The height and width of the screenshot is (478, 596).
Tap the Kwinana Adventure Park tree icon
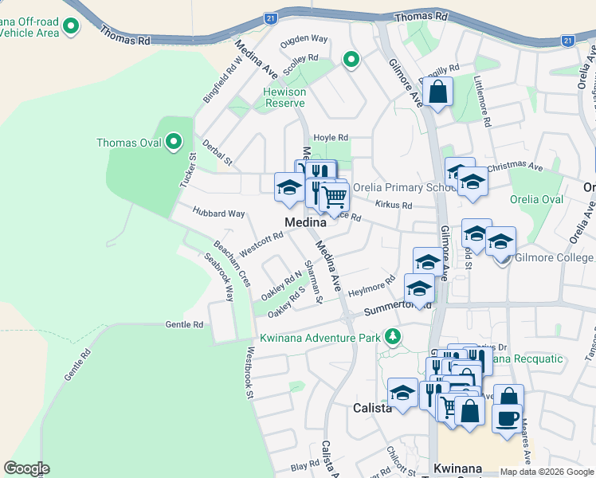[x=391, y=338]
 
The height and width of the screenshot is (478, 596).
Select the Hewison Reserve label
[x=284, y=97]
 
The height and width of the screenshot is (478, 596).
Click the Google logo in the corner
[x=26, y=468]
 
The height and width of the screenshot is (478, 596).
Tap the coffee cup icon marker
[x=508, y=417]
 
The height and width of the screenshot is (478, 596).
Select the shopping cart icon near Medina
[x=335, y=197]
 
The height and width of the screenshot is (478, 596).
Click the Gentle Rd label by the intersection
[x=184, y=325]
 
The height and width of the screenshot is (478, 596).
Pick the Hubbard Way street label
[x=218, y=214]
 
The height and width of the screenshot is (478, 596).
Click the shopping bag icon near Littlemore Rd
[x=437, y=92]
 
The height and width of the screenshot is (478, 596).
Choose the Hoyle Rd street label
[x=331, y=137]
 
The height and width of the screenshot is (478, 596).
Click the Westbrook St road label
[x=250, y=372]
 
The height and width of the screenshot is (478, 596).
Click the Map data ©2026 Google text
[x=546, y=472]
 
